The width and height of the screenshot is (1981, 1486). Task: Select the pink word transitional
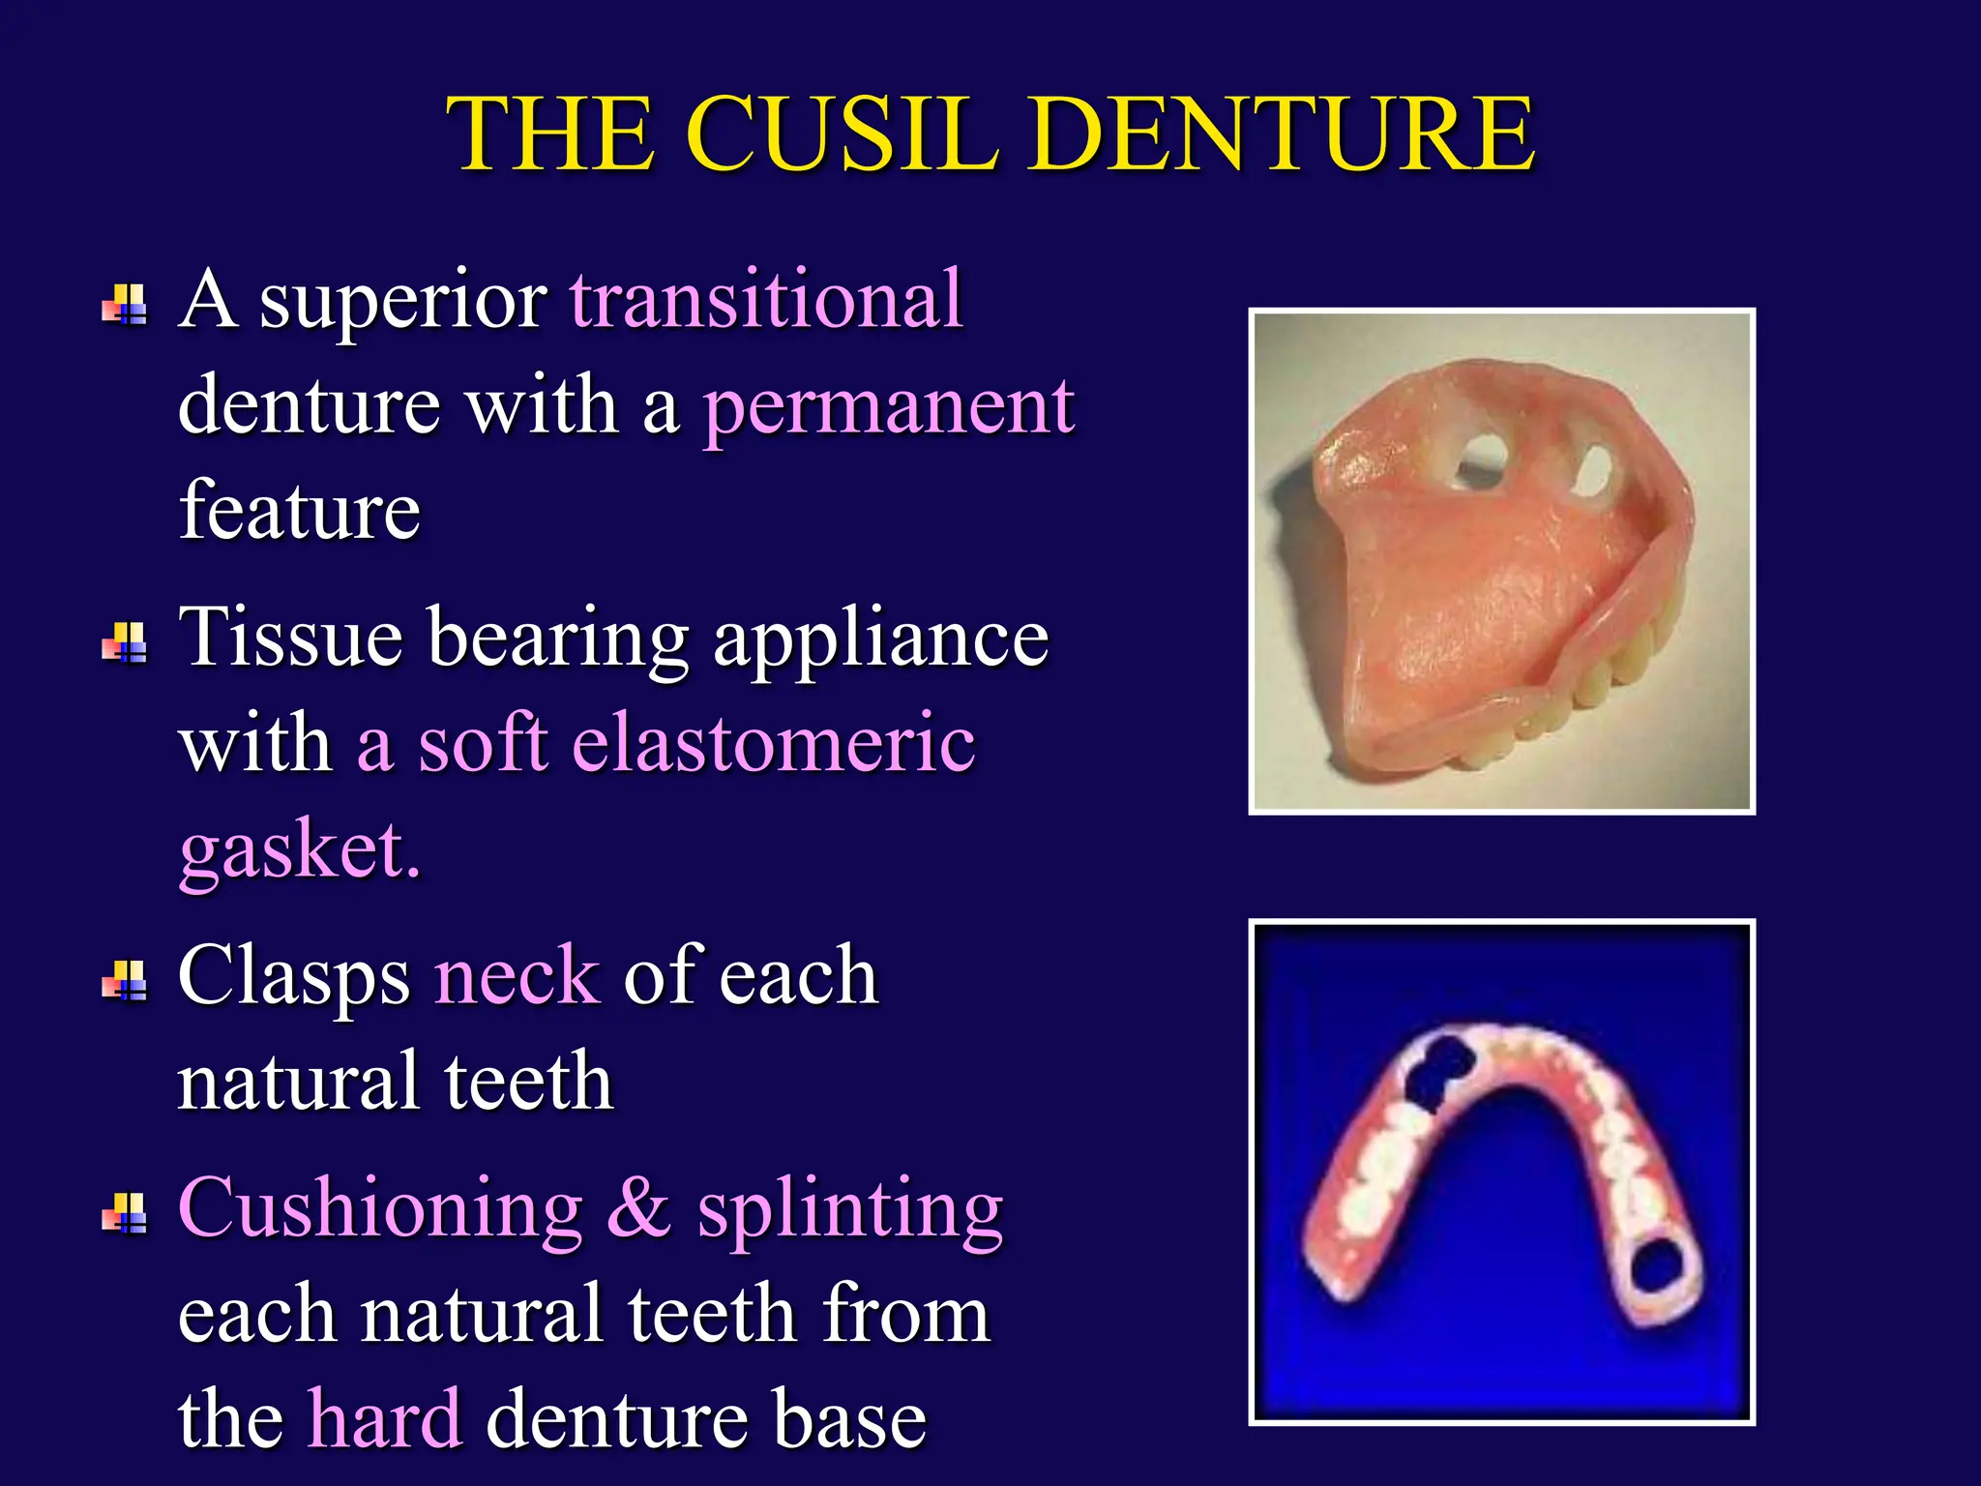(766, 300)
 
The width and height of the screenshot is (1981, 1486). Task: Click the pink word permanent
(888, 406)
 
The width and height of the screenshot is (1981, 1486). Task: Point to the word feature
(300, 511)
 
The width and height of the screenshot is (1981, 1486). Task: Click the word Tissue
(291, 637)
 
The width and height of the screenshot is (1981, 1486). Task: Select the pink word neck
(517, 975)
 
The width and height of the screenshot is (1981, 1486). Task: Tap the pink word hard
(385, 1418)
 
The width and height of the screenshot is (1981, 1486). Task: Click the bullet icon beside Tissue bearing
(125, 642)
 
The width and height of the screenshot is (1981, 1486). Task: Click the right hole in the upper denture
(1591, 471)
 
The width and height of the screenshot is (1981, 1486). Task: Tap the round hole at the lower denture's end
(1660, 1266)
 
